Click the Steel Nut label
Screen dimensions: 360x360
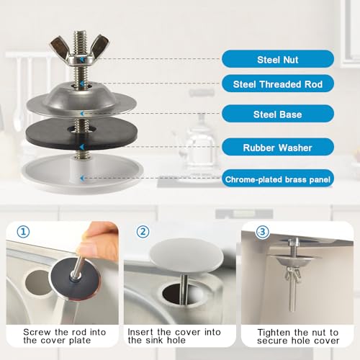point(277,59)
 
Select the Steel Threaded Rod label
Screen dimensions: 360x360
point(277,84)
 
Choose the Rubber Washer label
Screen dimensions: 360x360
point(277,148)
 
